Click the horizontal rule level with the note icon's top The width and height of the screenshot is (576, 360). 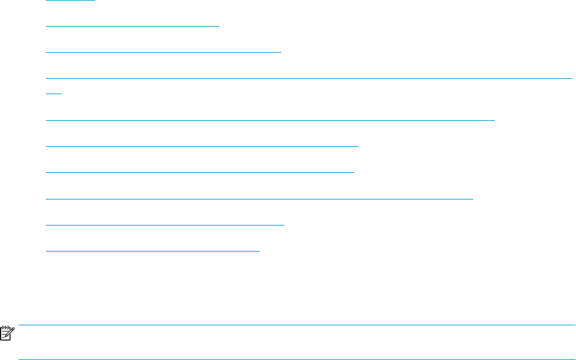297,325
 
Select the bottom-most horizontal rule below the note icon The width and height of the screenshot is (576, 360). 297,359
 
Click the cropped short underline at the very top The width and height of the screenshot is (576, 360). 71,1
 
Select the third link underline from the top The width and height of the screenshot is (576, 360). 164,53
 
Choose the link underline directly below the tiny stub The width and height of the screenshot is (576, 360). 271,120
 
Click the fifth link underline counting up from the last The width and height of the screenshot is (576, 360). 203,146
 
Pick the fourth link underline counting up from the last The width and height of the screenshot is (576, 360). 200,172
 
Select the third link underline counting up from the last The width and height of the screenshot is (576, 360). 260,199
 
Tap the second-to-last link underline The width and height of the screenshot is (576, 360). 165,225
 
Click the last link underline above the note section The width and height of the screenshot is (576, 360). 153,251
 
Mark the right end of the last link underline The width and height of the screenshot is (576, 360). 259,251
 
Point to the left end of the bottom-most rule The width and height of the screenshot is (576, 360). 20,359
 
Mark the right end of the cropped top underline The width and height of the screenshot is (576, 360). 95,1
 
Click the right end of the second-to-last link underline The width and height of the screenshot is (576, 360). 283,225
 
